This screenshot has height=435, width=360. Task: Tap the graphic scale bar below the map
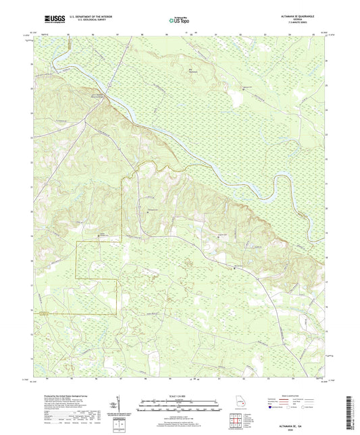[180, 407]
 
